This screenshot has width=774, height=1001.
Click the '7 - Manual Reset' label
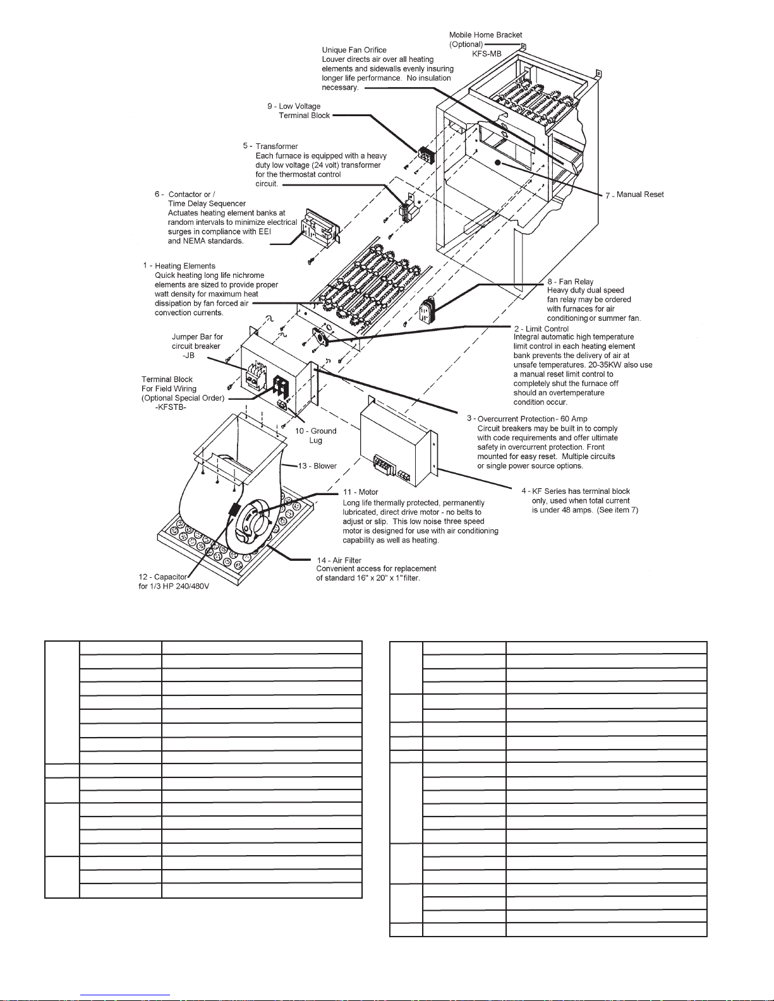[x=634, y=195]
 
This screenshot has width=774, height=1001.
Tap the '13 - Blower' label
[x=317, y=465]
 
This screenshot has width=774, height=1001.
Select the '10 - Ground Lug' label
[x=315, y=435]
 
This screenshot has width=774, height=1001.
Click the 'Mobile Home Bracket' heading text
[x=486, y=35]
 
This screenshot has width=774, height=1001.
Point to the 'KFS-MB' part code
[x=487, y=54]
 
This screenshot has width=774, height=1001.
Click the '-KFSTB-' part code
[x=171, y=407]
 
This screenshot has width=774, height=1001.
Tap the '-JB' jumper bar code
[x=188, y=356]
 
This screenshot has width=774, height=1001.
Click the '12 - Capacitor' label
[x=162, y=577]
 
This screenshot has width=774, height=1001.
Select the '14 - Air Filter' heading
[x=339, y=560]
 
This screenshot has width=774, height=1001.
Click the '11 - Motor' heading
[x=360, y=492]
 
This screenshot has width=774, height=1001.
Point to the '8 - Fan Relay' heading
[x=571, y=282]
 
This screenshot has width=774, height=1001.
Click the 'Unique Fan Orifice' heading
[x=354, y=50]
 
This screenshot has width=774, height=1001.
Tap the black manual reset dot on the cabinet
[x=498, y=162]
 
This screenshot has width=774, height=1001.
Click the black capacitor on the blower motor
[x=234, y=510]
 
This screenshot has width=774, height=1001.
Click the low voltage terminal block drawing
[x=426, y=155]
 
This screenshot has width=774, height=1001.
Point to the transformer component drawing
[x=408, y=208]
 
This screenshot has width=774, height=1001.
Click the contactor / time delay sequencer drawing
[x=321, y=228]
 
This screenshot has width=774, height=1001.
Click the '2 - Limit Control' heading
[x=541, y=328]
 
